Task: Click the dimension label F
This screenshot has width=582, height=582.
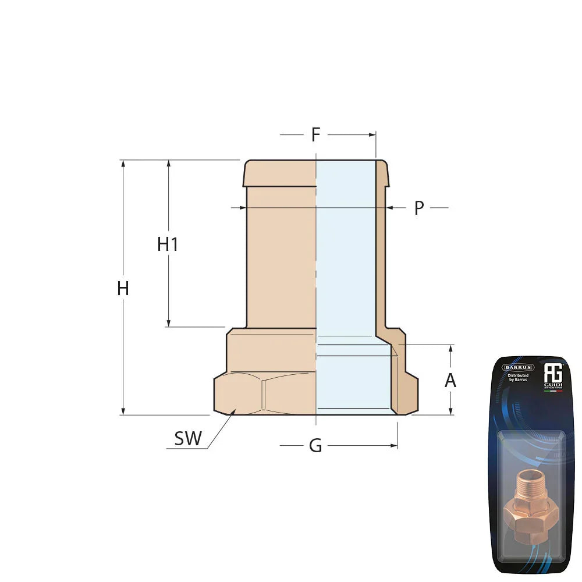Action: [315, 135]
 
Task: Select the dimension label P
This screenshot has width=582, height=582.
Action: [418, 208]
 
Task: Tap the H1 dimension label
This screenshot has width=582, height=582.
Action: [168, 244]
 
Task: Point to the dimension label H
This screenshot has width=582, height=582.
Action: [123, 288]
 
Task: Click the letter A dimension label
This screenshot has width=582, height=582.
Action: [450, 381]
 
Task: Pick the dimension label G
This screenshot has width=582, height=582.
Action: [315, 446]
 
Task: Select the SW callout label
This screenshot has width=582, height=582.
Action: [188, 439]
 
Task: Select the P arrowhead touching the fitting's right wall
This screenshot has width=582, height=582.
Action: [389, 207]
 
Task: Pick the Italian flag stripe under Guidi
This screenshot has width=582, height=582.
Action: [552, 391]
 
